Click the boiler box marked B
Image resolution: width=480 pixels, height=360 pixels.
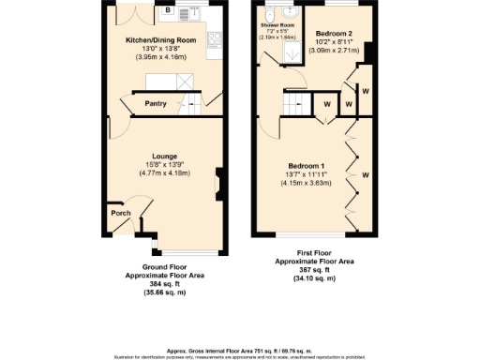point(168,10)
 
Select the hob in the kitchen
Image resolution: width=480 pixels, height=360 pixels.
point(215,40)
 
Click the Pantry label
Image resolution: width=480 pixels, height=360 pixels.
point(156,103)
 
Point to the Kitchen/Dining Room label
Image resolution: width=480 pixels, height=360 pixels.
point(161,40)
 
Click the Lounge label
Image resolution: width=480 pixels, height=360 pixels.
point(166,156)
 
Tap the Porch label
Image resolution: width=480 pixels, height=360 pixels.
point(121,213)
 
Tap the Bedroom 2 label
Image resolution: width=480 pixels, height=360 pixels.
point(333,31)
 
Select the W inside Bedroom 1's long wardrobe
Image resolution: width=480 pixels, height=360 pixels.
point(366,174)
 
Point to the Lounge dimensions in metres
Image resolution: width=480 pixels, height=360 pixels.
point(166,172)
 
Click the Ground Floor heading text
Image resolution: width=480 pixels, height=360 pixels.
point(164,267)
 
